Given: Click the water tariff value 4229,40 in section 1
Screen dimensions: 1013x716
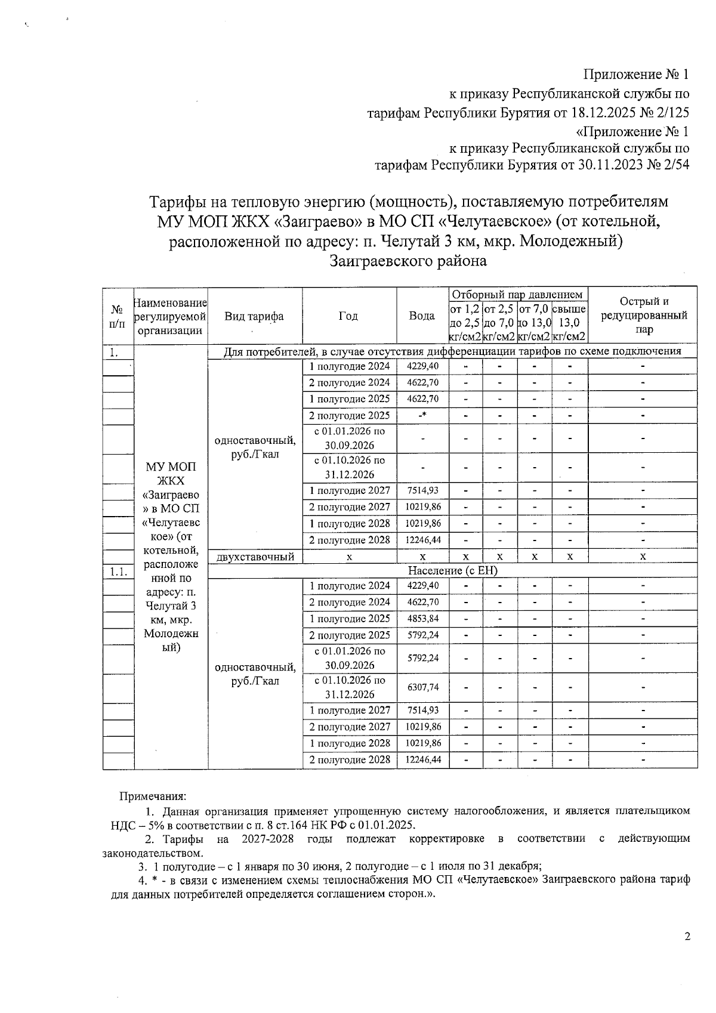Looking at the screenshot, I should pos(422,366).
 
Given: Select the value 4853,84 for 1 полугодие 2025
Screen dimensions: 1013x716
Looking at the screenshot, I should pos(422,619).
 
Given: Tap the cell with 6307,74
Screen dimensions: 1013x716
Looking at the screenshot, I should pos(422,687).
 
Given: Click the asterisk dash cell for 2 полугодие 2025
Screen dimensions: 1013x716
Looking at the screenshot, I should pos(422,416).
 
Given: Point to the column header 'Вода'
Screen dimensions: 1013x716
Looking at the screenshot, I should pos(421,316).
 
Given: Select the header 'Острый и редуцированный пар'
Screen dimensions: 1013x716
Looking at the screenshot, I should pos(643,315).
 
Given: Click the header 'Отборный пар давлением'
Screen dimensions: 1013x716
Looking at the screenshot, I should pos(517,295).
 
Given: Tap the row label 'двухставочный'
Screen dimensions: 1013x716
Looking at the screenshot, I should pos(255,557).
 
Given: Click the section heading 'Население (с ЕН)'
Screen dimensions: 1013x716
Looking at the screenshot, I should pos(452,571).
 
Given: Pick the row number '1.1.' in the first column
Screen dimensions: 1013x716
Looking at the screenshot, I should pos(118,572).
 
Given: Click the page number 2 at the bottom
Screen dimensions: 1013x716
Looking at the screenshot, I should pos(687,937).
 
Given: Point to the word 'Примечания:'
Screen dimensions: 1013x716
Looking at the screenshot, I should pos(153,796).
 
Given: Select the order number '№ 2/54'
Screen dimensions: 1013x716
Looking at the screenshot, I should pos(668,165).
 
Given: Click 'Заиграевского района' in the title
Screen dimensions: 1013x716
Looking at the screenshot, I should pos(408,261).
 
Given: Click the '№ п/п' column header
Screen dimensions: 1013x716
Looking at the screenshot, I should pos(118,316).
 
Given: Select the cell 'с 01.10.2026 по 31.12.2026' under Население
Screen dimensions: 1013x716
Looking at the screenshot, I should pos(350,687).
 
